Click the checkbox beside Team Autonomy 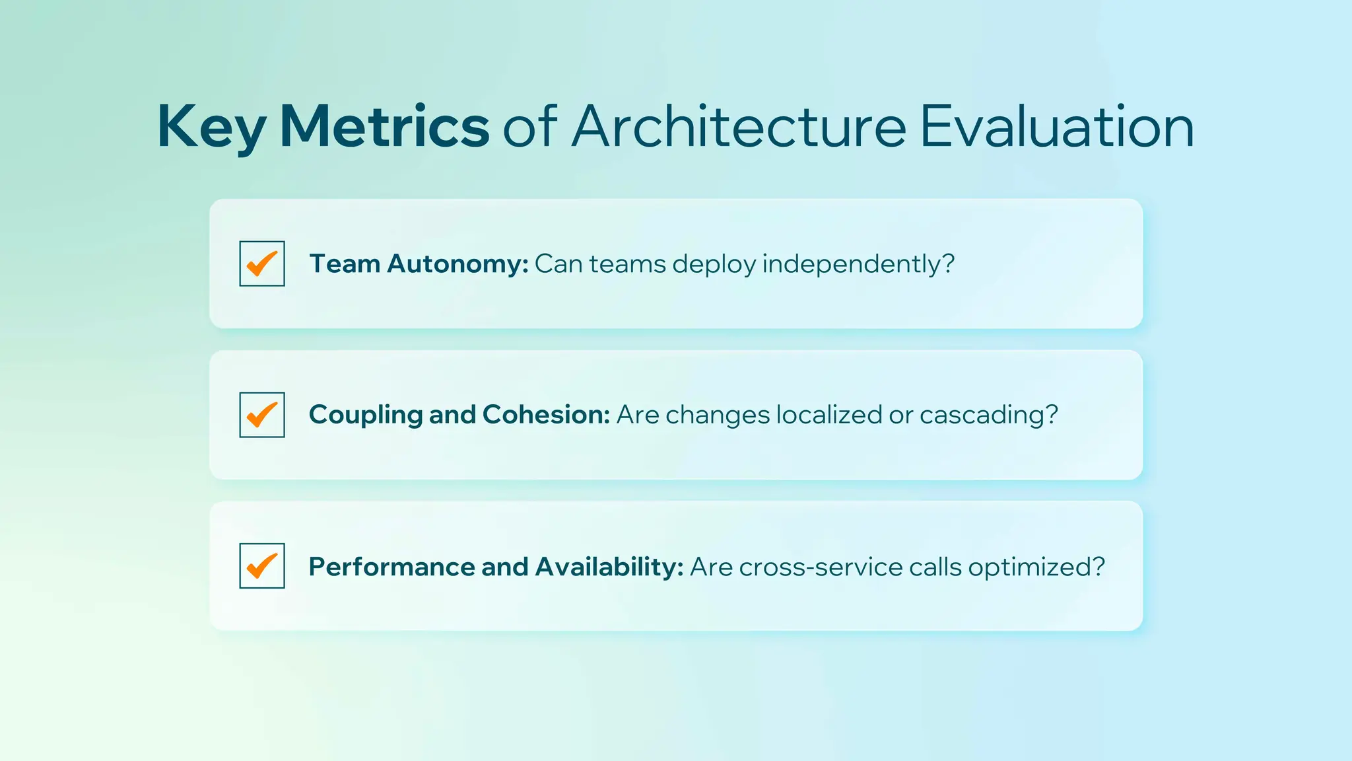(262, 264)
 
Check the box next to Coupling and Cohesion (262, 415)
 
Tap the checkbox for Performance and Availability (262, 566)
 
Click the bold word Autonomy (457, 264)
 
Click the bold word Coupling (365, 416)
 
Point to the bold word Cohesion (546, 415)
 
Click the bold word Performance (391, 567)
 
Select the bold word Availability (609, 567)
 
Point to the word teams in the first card (627, 264)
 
